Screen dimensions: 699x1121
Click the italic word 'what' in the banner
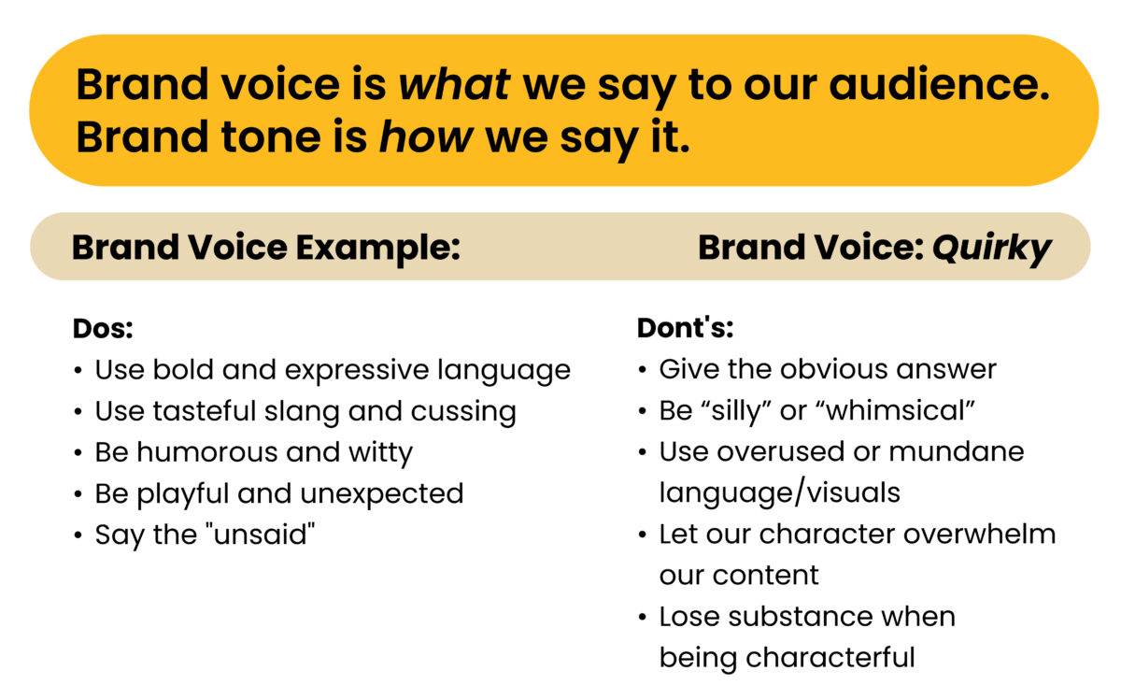tap(454, 85)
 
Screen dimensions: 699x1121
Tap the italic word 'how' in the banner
tap(425, 137)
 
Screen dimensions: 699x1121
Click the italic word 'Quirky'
tap(992, 248)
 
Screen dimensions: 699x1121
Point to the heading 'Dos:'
tap(103, 328)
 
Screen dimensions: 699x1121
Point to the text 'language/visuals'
tap(779, 492)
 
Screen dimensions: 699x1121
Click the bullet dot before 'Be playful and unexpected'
tap(78, 494)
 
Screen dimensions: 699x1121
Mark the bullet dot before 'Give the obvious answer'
tap(642, 370)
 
